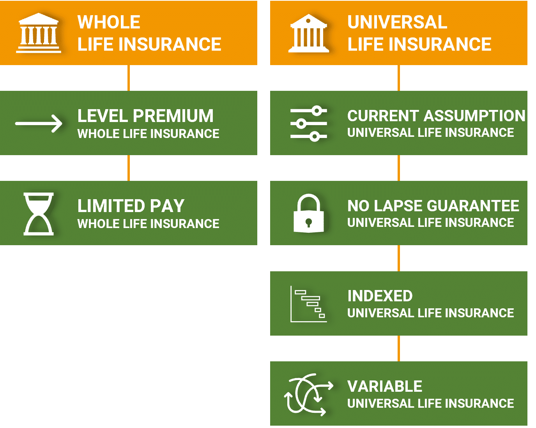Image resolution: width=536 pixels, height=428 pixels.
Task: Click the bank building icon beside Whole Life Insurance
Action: (39, 33)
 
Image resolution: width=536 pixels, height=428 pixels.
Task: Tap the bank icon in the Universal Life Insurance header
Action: (309, 33)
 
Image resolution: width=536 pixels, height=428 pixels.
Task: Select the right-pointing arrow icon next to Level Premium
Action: (39, 123)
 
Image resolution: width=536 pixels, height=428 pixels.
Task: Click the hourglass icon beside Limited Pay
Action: (39, 214)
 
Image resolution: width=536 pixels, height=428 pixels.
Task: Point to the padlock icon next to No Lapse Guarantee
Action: (309, 213)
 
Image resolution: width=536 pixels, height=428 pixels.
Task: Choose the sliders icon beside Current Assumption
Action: (309, 123)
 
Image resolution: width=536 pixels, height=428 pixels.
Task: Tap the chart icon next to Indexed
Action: (309, 304)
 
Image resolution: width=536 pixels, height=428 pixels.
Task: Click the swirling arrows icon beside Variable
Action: (309, 394)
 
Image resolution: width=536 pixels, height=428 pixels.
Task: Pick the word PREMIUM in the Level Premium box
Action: (173, 116)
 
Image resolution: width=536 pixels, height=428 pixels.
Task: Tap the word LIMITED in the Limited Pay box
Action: (111, 206)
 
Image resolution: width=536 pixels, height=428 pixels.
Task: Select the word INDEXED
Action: (380, 296)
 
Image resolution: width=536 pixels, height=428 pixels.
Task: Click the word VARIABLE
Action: (385, 386)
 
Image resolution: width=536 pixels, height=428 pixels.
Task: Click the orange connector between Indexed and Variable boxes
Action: (399, 348)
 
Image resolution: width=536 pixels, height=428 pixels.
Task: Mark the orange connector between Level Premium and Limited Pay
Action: (129, 168)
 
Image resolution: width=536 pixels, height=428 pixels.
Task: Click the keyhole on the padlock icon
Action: (309, 223)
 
